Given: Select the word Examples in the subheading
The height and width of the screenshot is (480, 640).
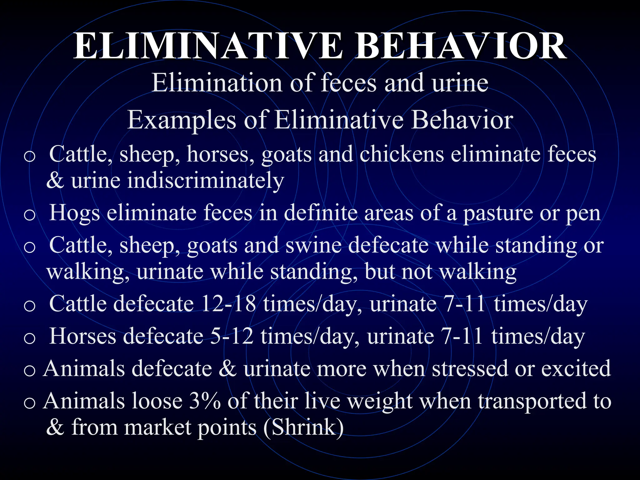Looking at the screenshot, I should pyautogui.click(x=182, y=120).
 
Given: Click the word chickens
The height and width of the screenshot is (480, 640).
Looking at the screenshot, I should pyautogui.click(x=402, y=154).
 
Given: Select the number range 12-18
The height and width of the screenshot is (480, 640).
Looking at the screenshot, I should pyautogui.click(x=228, y=304).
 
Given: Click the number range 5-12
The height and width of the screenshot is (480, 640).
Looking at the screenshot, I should pyautogui.click(x=232, y=336).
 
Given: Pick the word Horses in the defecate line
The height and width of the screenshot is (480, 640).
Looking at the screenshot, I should pyautogui.click(x=82, y=336).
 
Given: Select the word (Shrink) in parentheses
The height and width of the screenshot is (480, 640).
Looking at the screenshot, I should pyautogui.click(x=303, y=427).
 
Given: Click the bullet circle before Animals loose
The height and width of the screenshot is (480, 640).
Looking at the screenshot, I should pyautogui.click(x=30, y=403).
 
